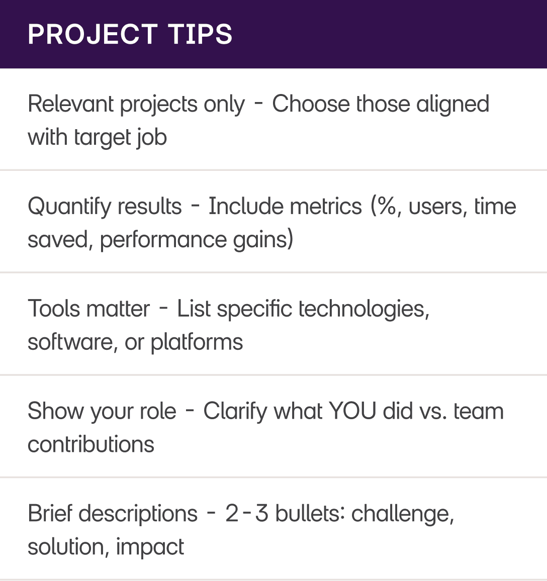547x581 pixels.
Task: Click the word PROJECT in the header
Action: (x=92, y=34)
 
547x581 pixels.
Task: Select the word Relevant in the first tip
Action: (x=71, y=104)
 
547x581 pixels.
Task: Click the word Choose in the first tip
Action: (x=311, y=104)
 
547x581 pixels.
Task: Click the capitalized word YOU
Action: (x=352, y=411)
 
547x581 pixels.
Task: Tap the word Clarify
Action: (x=235, y=412)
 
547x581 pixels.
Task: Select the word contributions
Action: (x=91, y=444)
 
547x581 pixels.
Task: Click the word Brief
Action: (x=49, y=514)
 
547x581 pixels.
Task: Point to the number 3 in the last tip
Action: (x=261, y=514)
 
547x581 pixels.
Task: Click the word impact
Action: (x=150, y=547)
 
